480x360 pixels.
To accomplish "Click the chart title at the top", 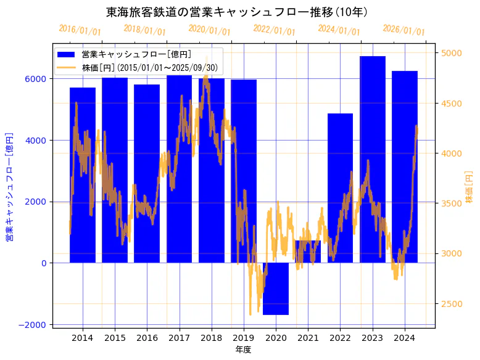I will click(x=237, y=12).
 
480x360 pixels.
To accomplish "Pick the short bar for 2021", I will click(x=308, y=252).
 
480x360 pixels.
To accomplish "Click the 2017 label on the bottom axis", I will click(x=179, y=338).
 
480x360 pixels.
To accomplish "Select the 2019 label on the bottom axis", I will click(x=244, y=338).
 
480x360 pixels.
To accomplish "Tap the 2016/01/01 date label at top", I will click(x=80, y=30).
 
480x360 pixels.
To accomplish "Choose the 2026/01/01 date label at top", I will click(x=403, y=30).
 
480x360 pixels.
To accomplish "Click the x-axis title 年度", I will click(x=243, y=350).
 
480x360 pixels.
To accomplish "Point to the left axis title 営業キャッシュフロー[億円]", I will click(x=9, y=186).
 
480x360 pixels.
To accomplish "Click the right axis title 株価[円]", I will click(x=470, y=187).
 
